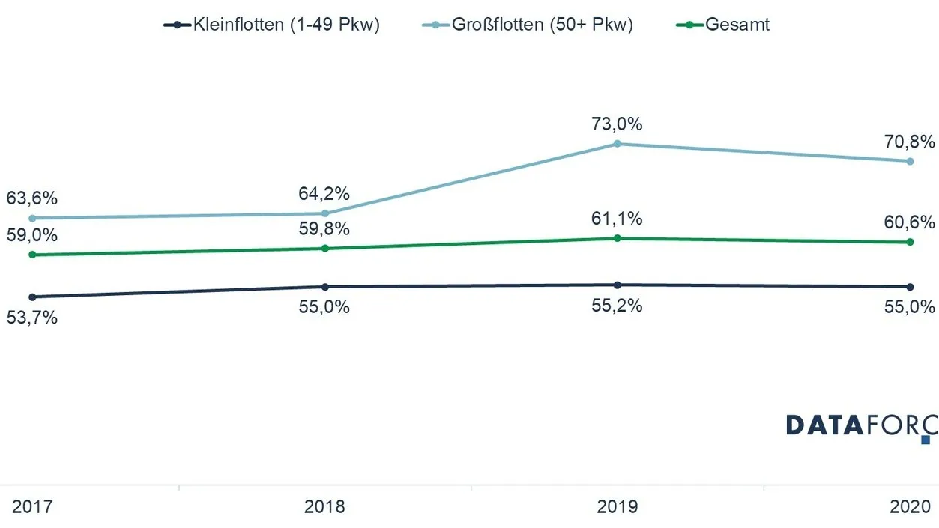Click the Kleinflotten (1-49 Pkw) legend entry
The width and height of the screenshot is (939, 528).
tap(271, 25)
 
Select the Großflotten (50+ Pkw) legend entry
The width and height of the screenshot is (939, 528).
tap(528, 25)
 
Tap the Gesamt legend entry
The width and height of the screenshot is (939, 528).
tap(722, 25)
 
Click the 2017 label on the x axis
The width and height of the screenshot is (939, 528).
tap(32, 506)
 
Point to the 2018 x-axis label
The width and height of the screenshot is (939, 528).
tap(324, 506)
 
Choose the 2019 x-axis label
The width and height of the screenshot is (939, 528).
tap(617, 506)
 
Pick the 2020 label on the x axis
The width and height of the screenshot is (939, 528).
tap(910, 506)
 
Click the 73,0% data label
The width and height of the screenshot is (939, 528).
tap(617, 124)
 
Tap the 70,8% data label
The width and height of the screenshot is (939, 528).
tap(910, 142)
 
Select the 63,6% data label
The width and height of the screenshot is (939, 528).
tap(32, 198)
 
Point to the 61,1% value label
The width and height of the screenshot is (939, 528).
tap(617, 219)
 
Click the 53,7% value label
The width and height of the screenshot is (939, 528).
tap(32, 318)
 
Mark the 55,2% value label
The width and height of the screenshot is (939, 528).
tap(617, 306)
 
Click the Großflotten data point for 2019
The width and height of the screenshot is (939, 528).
tap(617, 144)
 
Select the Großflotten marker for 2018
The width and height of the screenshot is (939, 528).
tap(325, 213)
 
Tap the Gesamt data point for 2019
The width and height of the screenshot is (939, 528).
tap(617, 238)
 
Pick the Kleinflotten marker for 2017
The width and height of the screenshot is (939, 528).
tap(32, 297)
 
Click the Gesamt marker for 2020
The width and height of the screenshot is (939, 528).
tap(910, 242)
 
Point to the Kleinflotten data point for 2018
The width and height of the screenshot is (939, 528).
tap(325, 287)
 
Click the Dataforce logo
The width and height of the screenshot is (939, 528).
tap(862, 428)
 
